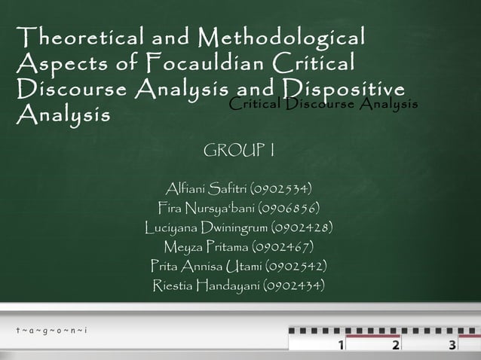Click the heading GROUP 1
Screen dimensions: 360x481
click(239, 154)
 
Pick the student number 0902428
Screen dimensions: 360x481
click(296, 227)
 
